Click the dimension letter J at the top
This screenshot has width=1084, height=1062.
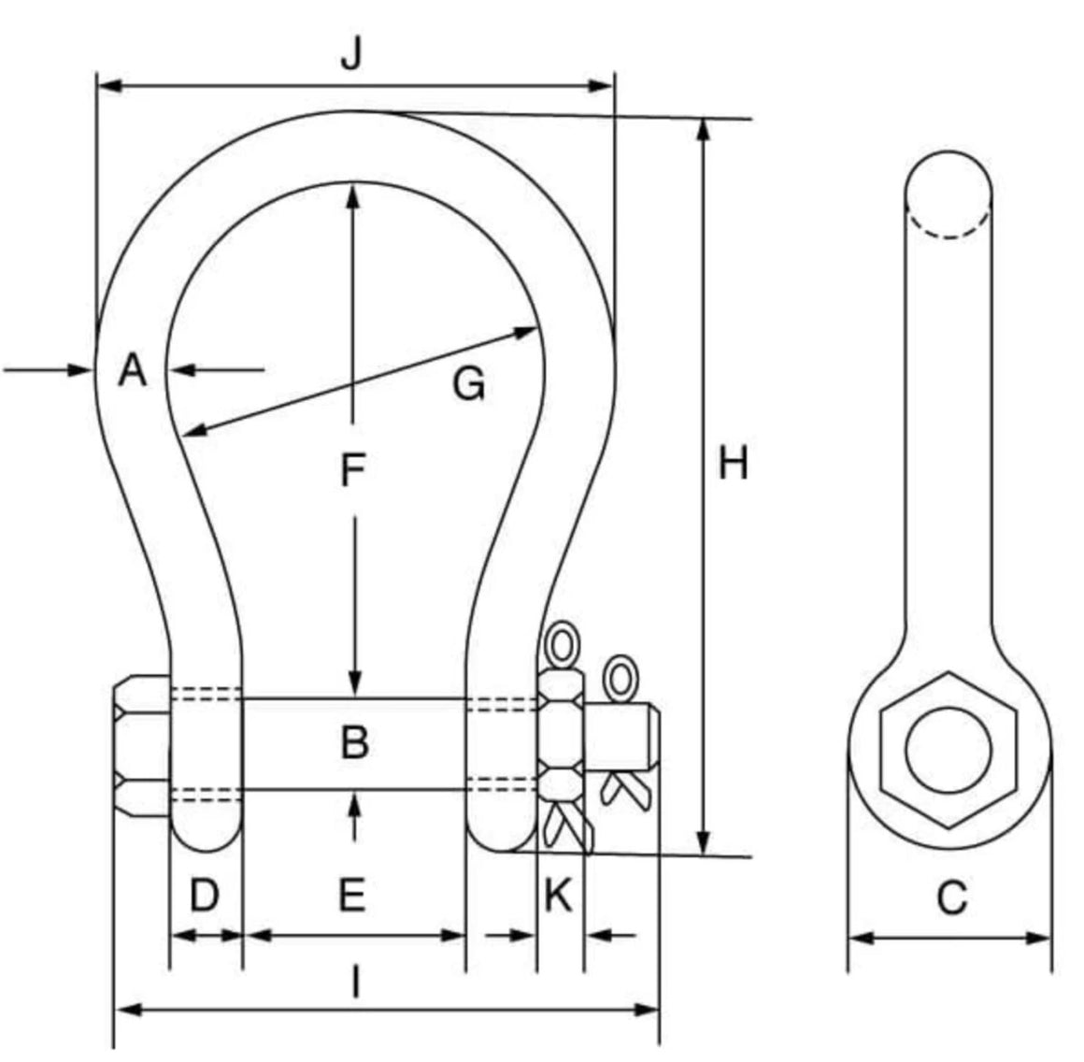coord(350,55)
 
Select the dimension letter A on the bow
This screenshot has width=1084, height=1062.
coord(133,371)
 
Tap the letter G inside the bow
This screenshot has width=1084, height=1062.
coord(468,383)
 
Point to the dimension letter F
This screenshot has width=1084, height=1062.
coord(351,470)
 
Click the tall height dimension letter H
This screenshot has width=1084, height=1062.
coord(733,463)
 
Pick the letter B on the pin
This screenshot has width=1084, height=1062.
coord(354,742)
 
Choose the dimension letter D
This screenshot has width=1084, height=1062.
coord(204,896)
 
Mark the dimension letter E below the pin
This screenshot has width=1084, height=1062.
coord(351,896)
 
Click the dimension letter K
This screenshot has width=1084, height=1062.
coord(558,896)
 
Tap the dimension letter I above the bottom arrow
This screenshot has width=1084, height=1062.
coord(354,983)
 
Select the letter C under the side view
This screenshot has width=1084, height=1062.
coord(951,898)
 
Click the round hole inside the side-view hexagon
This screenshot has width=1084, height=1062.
coord(948,750)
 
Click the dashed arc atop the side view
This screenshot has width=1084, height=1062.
coord(948,227)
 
